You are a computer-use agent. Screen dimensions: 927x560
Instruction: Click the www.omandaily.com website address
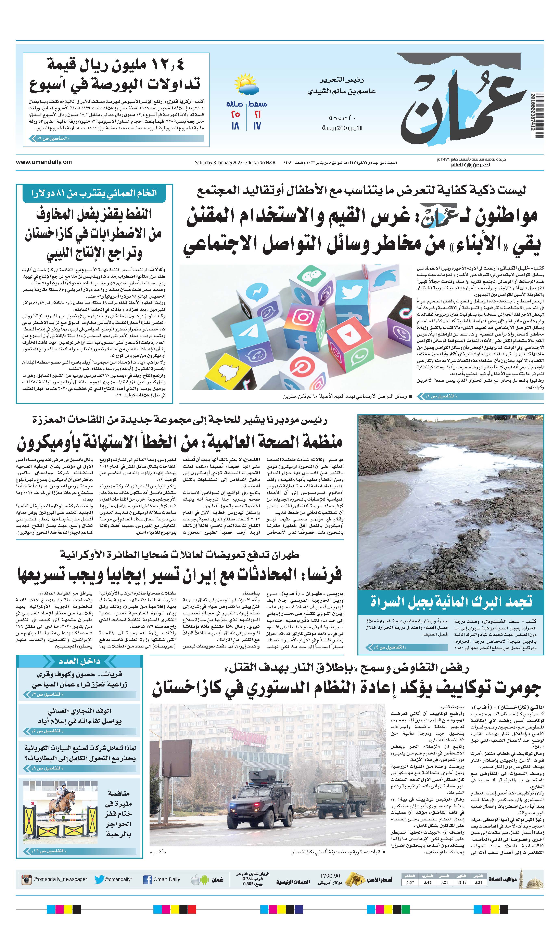pyautogui.click(x=44, y=162)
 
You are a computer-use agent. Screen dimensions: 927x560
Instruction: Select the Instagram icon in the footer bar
pyautogui.click(x=26, y=879)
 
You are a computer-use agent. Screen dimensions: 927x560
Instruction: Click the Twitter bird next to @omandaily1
pyautogui.click(x=99, y=879)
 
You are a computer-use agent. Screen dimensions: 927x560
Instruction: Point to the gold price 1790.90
pyautogui.click(x=330, y=876)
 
